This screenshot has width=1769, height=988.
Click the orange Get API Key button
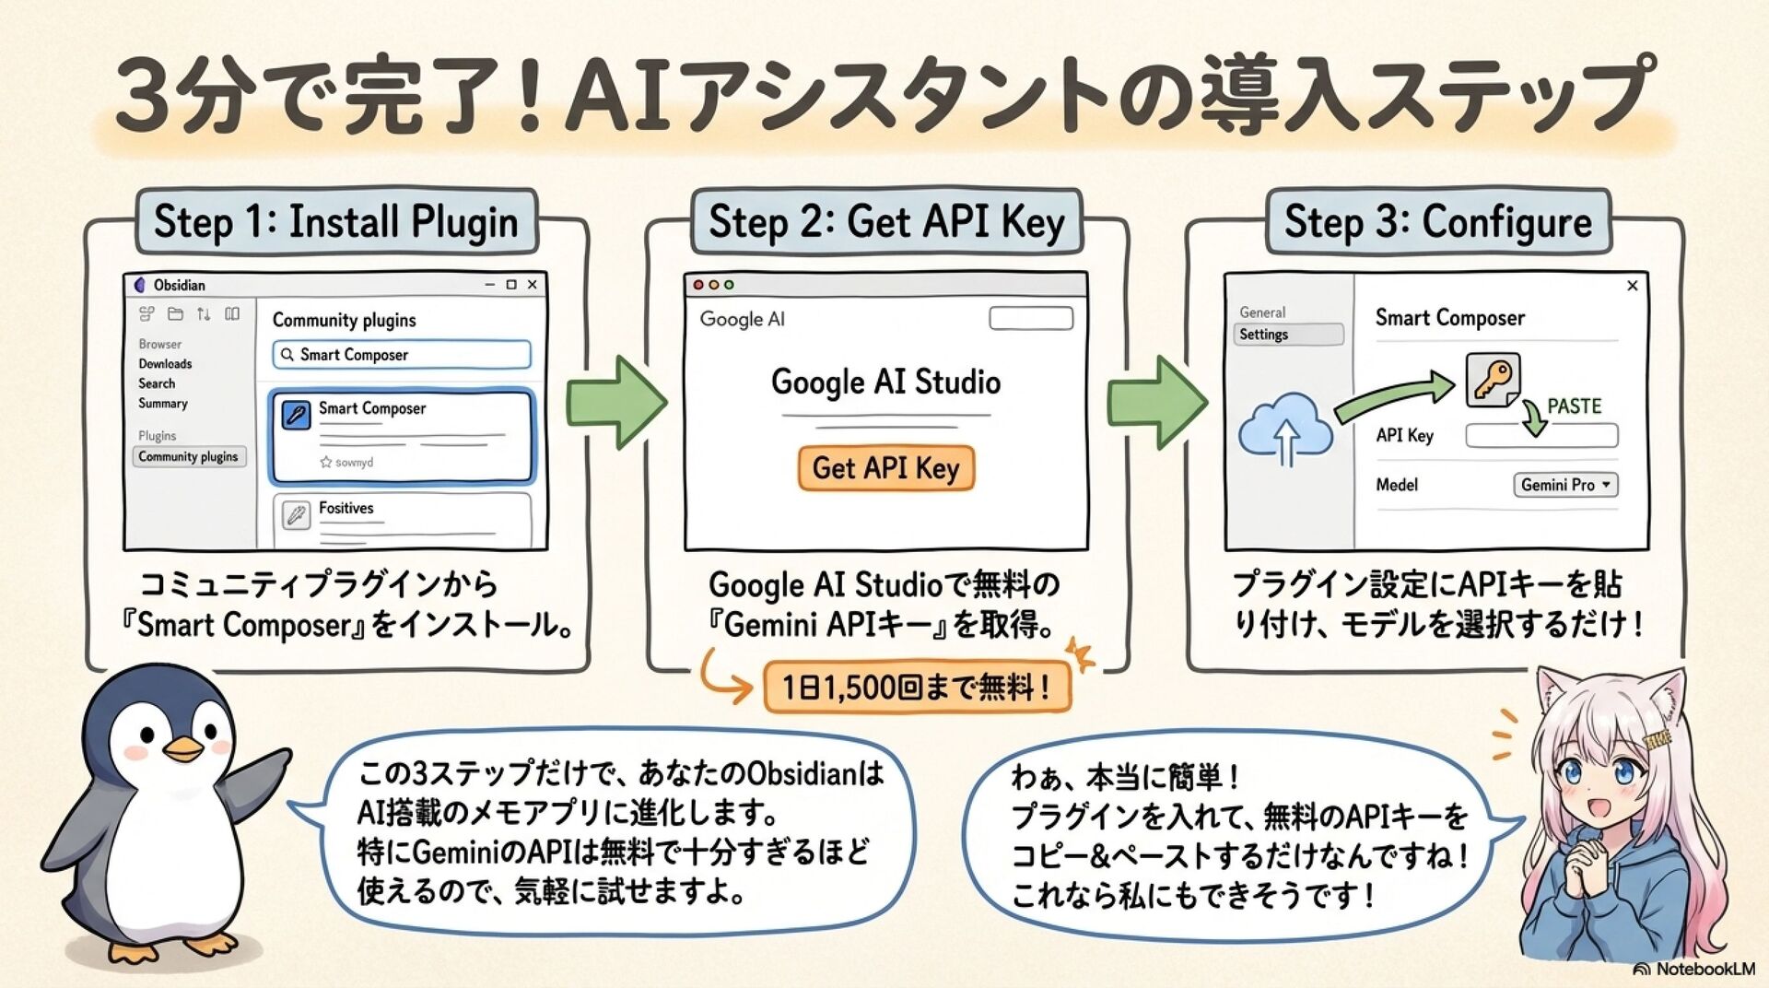coord(885,468)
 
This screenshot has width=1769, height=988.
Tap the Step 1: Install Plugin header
coord(336,222)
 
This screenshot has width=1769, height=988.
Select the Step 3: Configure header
coord(1438,222)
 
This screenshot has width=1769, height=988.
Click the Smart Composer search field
coord(402,355)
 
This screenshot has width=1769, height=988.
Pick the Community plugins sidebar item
coord(189,456)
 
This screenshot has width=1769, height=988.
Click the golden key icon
coord(1492,380)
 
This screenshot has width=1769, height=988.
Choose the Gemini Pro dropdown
coord(1565,485)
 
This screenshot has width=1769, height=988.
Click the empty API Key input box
coord(1541,436)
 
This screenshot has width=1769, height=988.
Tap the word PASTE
coord(1574,406)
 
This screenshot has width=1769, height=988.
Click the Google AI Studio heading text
coord(885,382)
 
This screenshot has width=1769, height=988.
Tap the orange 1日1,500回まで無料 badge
coord(917,688)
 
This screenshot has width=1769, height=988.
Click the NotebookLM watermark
coord(1694,970)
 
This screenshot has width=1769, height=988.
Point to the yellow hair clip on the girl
coord(1658,738)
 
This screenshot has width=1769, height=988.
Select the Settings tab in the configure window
coord(1287,335)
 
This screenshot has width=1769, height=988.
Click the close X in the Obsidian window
coord(533,285)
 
